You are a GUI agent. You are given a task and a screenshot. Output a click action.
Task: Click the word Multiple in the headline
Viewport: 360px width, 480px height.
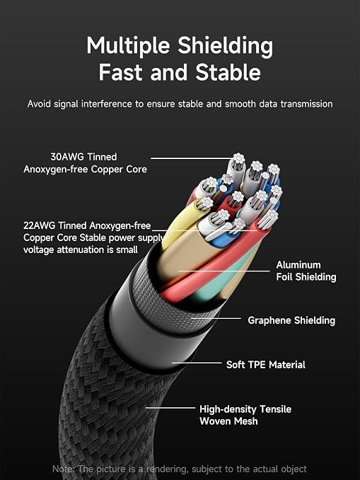pyautogui.click(x=128, y=46)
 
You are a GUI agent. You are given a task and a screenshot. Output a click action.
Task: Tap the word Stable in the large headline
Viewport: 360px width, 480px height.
pyautogui.click(x=228, y=72)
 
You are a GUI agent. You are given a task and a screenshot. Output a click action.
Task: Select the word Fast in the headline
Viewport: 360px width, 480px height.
pyautogui.click(x=122, y=72)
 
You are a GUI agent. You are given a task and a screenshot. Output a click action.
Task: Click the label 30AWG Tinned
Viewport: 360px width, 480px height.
pyautogui.click(x=83, y=157)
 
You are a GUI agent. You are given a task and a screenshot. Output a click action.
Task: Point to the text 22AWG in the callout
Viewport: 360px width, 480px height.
pyautogui.click(x=39, y=226)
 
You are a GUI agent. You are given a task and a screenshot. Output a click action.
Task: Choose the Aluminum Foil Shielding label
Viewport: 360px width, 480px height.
pyautogui.click(x=306, y=271)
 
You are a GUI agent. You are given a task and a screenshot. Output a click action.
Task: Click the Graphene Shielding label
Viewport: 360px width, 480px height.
pyautogui.click(x=291, y=320)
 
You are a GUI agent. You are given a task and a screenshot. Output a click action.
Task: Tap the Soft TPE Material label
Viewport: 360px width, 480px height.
pyautogui.click(x=266, y=365)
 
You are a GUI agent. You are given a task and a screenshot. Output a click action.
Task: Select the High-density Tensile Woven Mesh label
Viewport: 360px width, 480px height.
pyautogui.click(x=245, y=415)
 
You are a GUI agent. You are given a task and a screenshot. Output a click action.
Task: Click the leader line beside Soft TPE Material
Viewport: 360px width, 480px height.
pyautogui.click(x=197, y=363)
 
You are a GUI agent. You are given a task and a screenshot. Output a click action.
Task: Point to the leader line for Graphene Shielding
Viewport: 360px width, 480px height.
pyautogui.click(x=216, y=318)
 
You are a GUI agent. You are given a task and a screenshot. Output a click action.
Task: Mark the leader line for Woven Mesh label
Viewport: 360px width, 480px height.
pyautogui.click(x=170, y=408)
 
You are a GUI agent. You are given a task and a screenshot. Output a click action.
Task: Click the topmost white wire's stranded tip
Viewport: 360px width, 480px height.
pyautogui.click(x=238, y=159)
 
